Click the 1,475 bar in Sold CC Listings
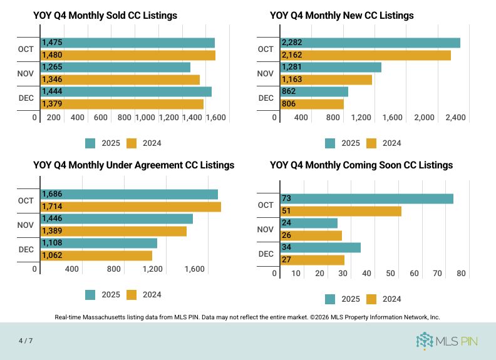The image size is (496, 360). pos(128,43)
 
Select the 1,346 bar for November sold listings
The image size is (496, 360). pos(120,80)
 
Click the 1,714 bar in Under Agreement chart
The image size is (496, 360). pos(131,207)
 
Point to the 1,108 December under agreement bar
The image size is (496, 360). pos(99,243)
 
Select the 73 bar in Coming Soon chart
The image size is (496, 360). pos(367,198)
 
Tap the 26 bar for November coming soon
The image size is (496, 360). pos(311,235)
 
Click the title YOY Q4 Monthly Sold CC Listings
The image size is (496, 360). pos(105,15)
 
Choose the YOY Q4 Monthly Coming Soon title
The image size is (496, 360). pos(361,165)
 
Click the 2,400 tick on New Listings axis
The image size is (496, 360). pos(454,117)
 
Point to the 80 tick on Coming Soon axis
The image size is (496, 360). pos(461,274)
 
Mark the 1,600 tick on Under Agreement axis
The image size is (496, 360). pos(195,269)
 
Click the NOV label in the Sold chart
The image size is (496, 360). pos(26,73)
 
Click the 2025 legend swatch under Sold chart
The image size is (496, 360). pos(90,143)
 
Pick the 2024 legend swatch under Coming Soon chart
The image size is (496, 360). pos(371,299)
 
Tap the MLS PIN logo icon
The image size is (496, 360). pos(425,341)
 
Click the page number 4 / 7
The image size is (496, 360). pos(25,341)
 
